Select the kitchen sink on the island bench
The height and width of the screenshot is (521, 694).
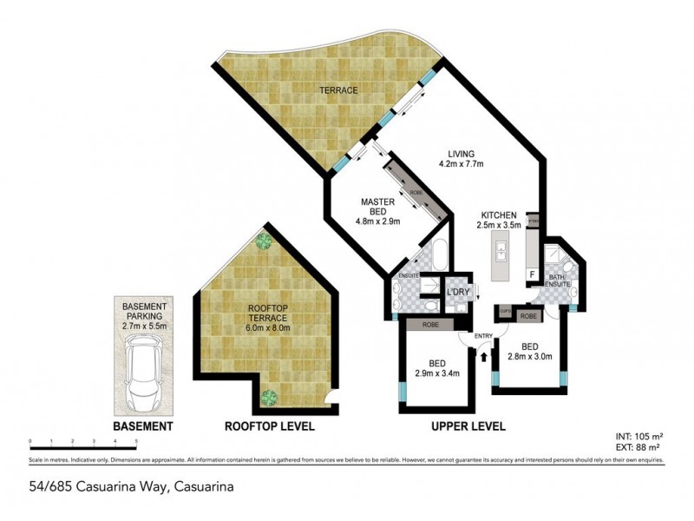pyautogui.click(x=501, y=254)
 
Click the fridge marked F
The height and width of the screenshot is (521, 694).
pyautogui.click(x=532, y=274)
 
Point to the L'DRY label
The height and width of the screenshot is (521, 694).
pyautogui.click(x=457, y=293)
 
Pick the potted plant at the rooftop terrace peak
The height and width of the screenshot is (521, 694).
pyautogui.click(x=263, y=241)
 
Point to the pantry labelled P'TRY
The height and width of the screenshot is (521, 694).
pyautogui.click(x=534, y=221)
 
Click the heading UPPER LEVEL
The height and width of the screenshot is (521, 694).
pyautogui.click(x=468, y=426)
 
